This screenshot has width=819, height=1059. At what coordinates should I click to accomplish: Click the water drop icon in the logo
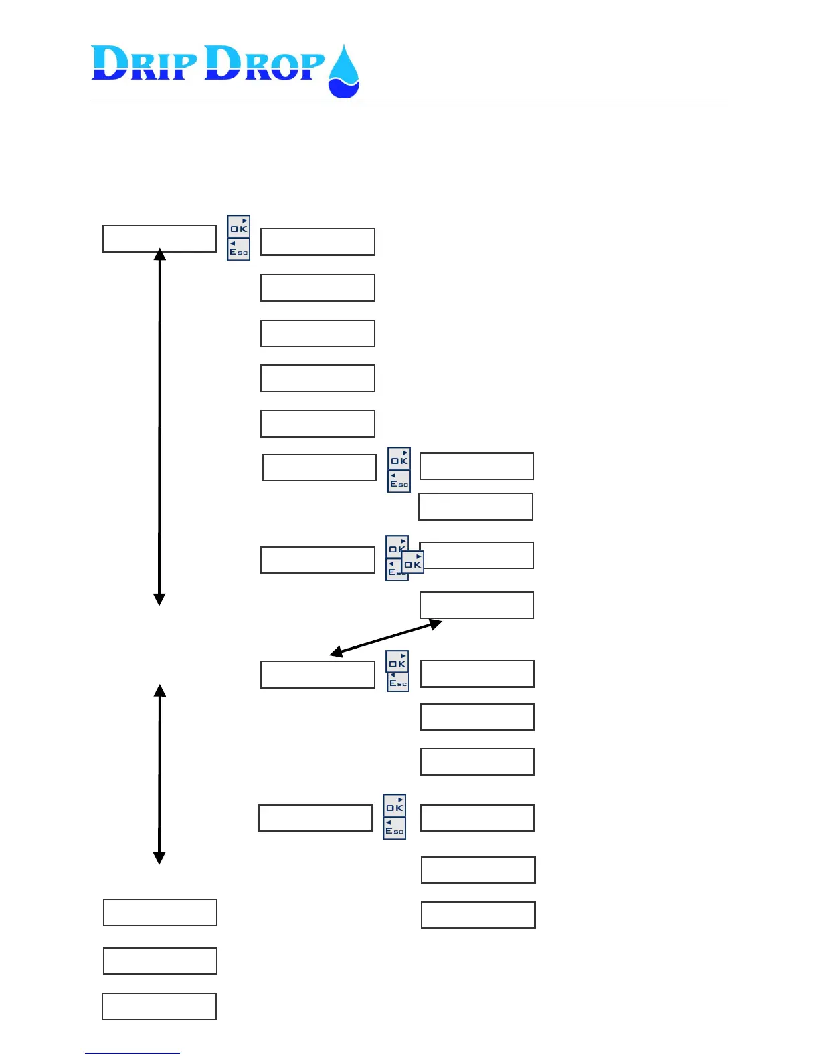pyautogui.click(x=344, y=72)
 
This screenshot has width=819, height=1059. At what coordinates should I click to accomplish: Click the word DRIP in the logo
pyautogui.click(x=145, y=64)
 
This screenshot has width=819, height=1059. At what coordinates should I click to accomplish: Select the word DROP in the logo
pyautogui.click(x=264, y=64)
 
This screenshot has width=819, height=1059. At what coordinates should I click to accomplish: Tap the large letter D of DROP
pyautogui.click(x=223, y=64)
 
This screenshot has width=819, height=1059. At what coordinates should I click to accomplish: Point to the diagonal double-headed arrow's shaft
pyautogui.click(x=386, y=638)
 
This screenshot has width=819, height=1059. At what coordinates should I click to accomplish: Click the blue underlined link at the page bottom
pyautogui.click(x=132, y=1053)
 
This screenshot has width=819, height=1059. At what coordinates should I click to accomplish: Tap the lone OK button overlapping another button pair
pyautogui.click(x=413, y=562)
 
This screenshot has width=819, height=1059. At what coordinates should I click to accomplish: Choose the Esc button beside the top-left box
pyautogui.click(x=238, y=249)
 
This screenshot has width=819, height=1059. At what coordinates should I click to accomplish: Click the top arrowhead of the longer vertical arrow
pyautogui.click(x=159, y=255)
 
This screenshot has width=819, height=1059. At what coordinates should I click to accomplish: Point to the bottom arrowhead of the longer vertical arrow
pyautogui.click(x=159, y=599)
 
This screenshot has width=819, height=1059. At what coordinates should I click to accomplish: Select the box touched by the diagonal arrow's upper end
pyautogui.click(x=476, y=604)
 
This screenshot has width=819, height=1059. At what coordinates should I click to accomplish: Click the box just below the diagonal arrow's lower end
pyautogui.click(x=317, y=674)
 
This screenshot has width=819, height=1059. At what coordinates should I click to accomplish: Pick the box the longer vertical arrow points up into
pyautogui.click(x=159, y=238)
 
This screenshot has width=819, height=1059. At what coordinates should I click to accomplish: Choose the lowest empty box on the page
pyautogui.click(x=159, y=1006)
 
